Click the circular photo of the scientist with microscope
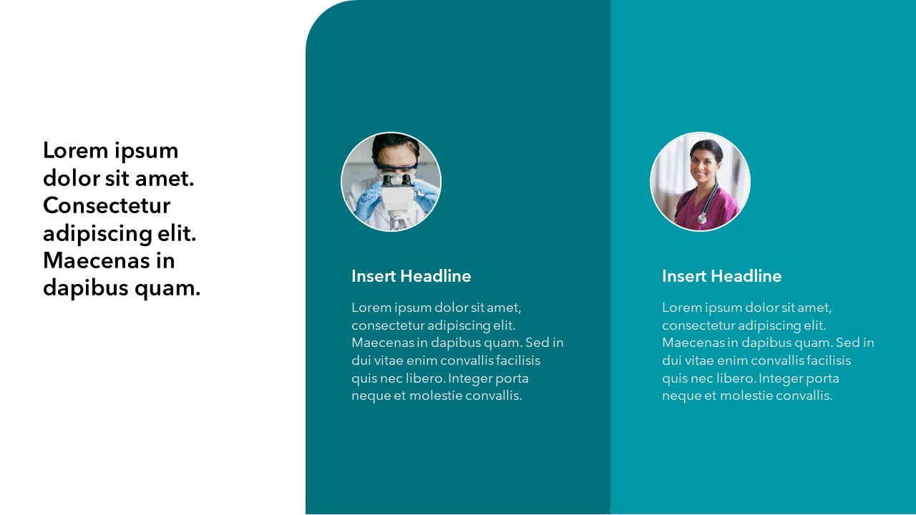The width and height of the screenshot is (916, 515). point(391,182)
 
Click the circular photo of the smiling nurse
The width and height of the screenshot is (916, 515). point(700,182)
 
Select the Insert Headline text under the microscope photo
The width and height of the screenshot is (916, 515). point(411,276)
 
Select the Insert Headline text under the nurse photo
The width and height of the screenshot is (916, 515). point(721,276)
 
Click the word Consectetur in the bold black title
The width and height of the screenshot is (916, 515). point(107,206)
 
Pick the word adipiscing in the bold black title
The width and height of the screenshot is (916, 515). point(98,233)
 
